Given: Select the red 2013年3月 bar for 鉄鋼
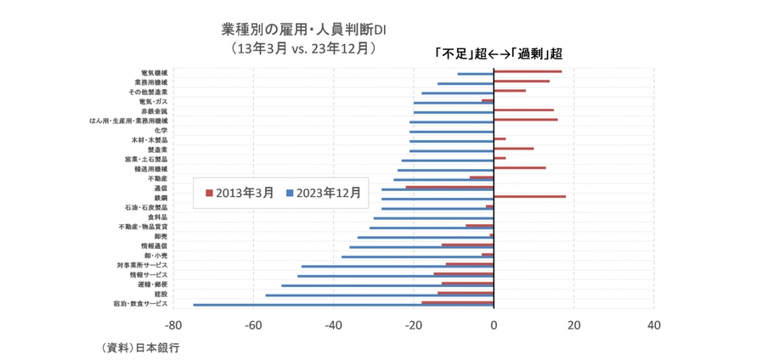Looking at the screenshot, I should (529, 196).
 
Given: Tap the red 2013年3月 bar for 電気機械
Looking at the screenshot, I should (528, 71).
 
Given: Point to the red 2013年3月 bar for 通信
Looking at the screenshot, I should (449, 187).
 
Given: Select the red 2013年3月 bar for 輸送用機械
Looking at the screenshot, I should (519, 167).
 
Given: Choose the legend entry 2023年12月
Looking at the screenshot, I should (323, 193).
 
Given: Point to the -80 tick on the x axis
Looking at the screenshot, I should (172, 324).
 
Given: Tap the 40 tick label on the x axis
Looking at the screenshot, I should (653, 324).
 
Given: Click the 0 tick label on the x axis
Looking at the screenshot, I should (494, 324).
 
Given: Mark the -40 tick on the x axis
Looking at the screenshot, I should (333, 324).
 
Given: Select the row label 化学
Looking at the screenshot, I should (161, 130).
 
